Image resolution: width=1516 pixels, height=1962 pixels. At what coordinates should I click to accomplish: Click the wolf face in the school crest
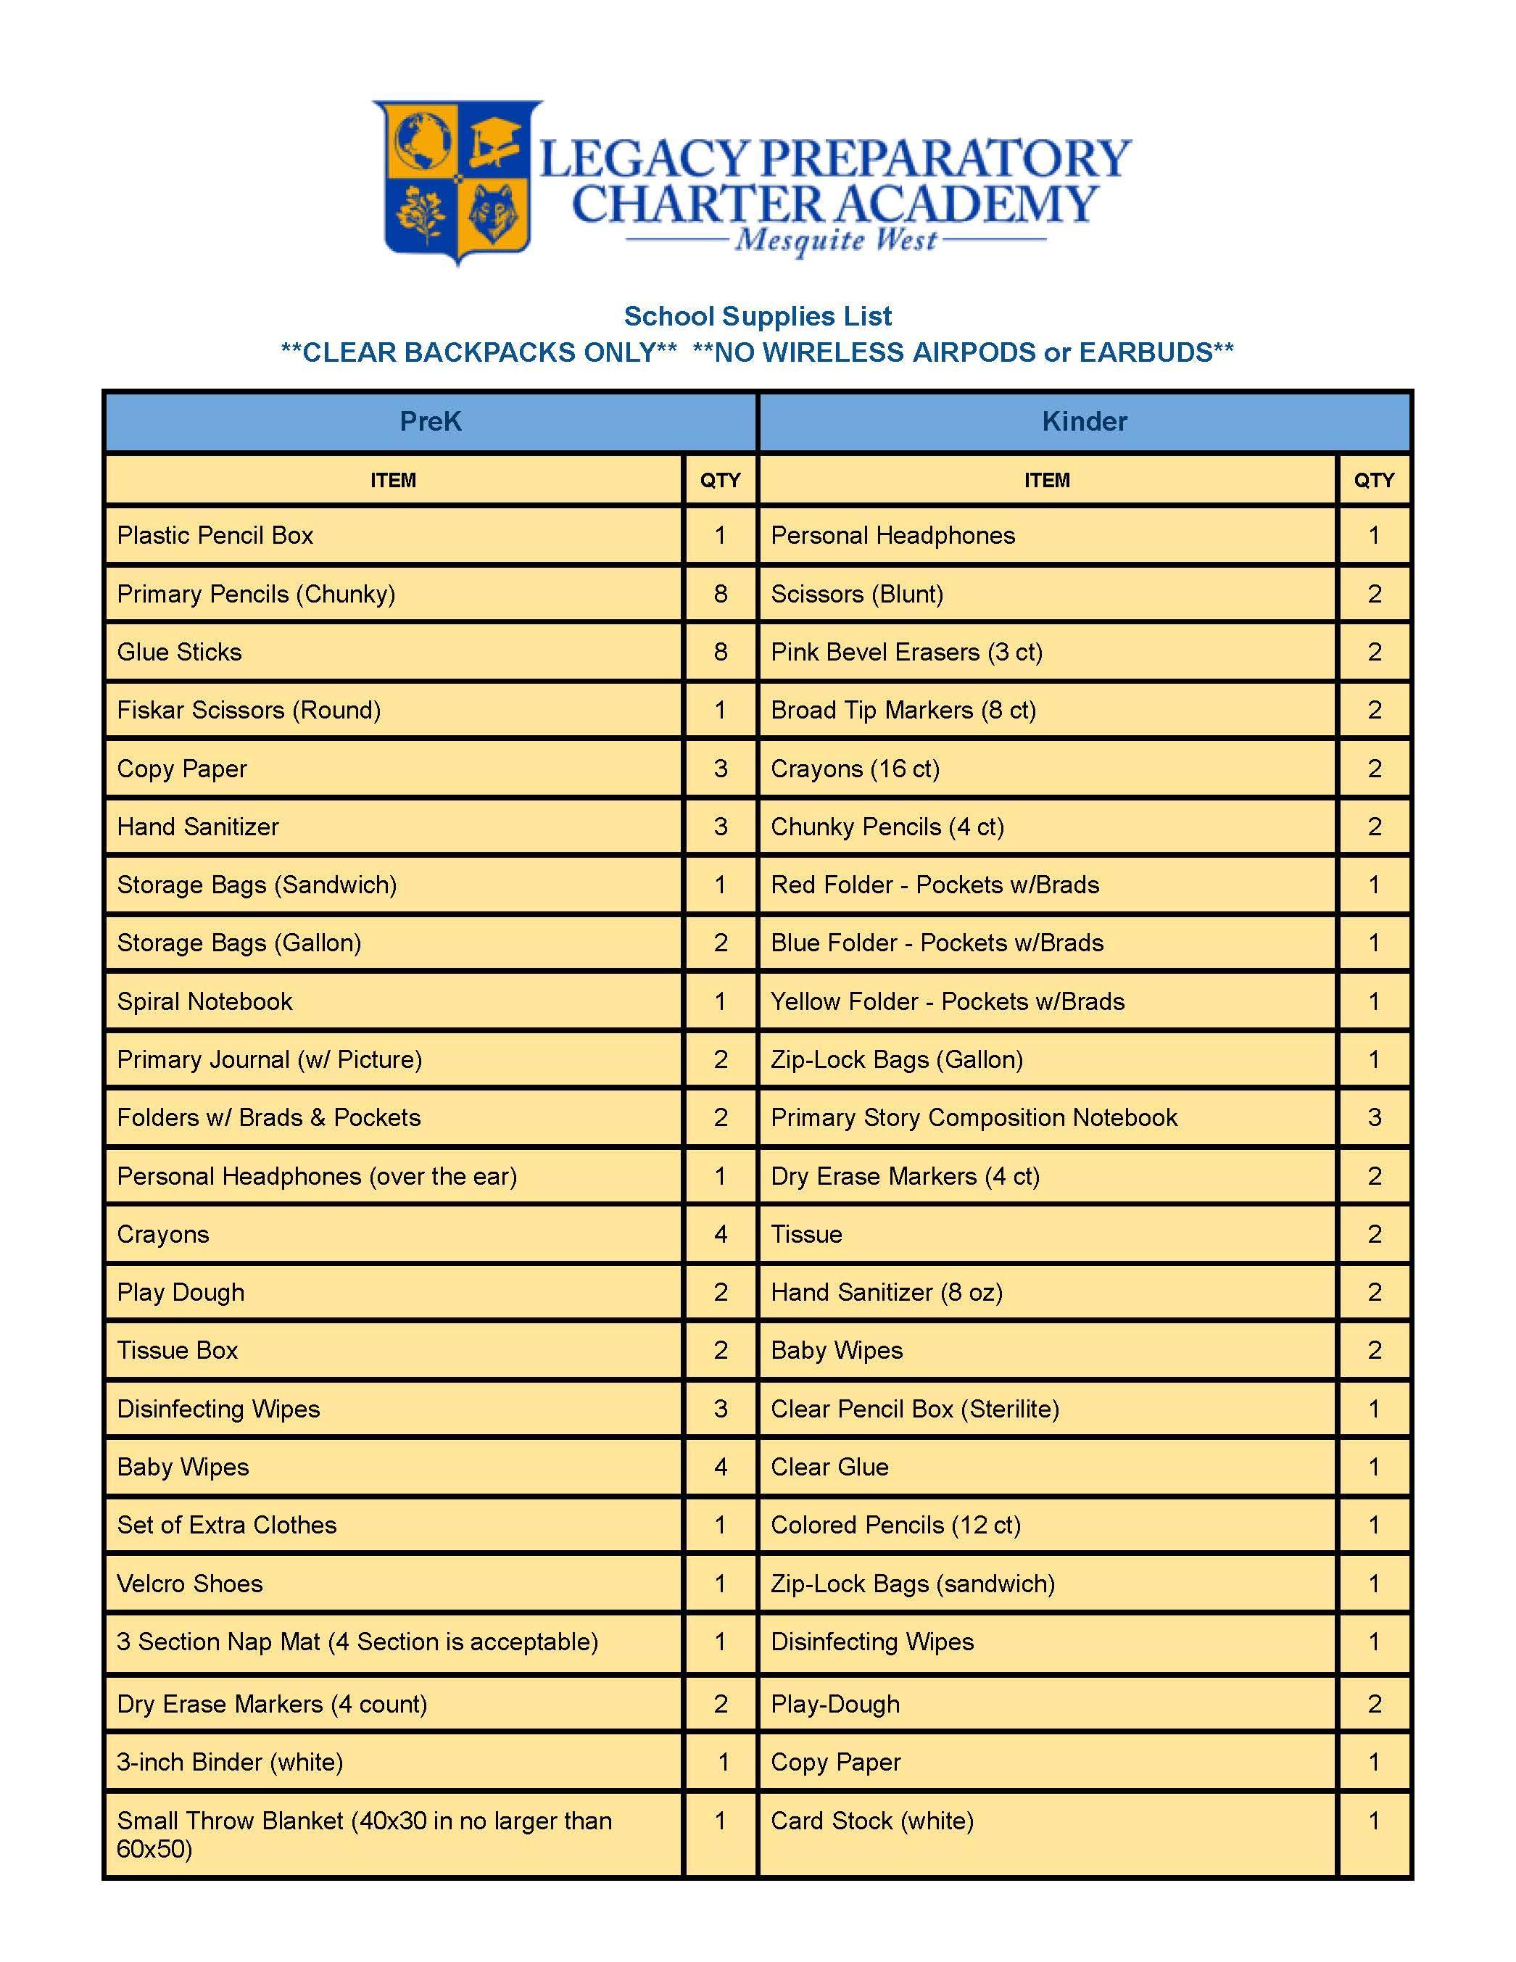[493, 213]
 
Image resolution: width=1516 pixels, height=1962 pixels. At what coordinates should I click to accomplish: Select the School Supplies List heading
[757, 316]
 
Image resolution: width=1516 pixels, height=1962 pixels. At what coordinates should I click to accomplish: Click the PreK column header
[430, 421]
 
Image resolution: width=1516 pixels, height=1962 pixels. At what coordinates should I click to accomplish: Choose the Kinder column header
[1084, 421]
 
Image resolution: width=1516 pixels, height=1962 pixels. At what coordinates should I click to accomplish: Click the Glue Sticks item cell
[180, 653]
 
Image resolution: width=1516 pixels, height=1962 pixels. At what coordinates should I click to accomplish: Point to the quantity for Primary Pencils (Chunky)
[720, 594]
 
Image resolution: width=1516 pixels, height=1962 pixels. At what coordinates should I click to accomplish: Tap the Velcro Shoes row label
[189, 1583]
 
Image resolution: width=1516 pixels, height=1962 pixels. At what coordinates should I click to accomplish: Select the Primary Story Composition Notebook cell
[974, 1117]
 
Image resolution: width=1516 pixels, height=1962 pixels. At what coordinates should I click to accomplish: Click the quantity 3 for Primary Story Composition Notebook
[1374, 1117]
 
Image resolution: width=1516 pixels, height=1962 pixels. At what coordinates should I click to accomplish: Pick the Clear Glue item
[830, 1467]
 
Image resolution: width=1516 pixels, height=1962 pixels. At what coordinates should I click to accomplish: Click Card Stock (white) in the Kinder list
[872, 1821]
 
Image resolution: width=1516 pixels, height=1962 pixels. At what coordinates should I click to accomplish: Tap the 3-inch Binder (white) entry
[230, 1762]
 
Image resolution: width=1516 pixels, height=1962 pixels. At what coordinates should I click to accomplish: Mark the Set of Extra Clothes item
[226, 1525]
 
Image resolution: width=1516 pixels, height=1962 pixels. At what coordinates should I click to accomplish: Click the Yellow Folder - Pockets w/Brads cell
[948, 1001]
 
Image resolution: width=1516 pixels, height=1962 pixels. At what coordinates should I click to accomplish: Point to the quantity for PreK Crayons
[720, 1234]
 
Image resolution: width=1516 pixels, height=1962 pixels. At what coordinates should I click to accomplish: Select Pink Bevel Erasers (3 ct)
[906, 653]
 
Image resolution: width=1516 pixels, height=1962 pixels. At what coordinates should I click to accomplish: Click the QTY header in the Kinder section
[1374, 481]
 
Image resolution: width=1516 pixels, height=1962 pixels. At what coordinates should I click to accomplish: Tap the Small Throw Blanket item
[364, 1834]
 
